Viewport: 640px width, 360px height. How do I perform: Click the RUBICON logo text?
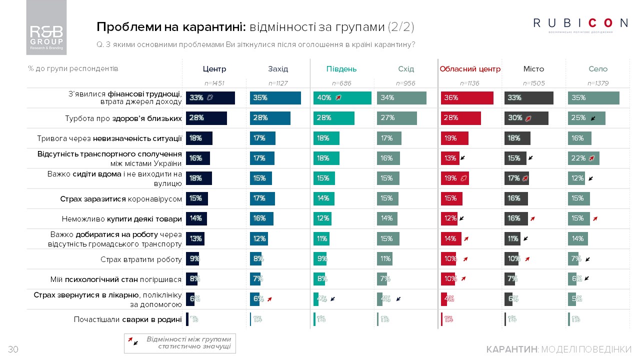point(580,23)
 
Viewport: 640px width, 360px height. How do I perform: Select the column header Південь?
point(341,69)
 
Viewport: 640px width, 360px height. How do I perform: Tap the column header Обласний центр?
point(470,69)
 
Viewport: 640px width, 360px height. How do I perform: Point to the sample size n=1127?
point(278,83)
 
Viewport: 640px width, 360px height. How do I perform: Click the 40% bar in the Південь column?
point(342,98)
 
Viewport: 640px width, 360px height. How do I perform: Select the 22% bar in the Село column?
point(583,158)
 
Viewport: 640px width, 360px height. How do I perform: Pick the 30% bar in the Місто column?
point(526,118)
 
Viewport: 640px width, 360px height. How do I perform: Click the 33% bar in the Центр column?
point(210,98)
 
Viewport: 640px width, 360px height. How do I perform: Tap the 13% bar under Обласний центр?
point(449,158)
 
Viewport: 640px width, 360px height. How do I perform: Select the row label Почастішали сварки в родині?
point(127,319)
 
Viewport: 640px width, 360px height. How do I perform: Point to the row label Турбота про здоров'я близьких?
point(123,118)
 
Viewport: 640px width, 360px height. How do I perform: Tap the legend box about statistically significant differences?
point(180,343)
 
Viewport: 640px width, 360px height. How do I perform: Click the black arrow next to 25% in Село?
point(593,118)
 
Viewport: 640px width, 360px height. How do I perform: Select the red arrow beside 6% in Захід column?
point(269,298)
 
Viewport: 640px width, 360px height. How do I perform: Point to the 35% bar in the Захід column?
point(275,98)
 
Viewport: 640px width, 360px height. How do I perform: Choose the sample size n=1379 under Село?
point(598,83)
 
